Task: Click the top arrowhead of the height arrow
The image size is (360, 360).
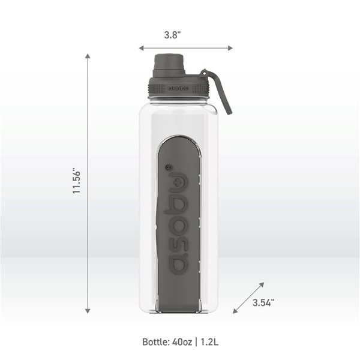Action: (88, 56)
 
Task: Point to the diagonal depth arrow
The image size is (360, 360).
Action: (248, 297)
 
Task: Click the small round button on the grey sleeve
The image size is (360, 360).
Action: (168, 167)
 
